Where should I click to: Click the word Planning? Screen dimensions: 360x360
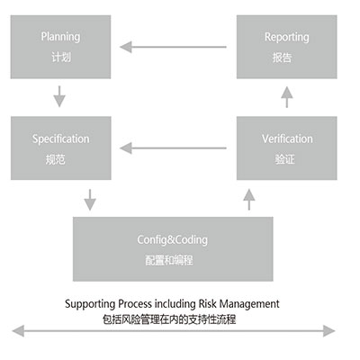tap(60, 37)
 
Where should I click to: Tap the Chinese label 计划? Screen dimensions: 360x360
tap(61, 57)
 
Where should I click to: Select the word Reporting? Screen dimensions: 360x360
tap(287, 37)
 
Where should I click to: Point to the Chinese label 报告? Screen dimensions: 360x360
tap(282, 58)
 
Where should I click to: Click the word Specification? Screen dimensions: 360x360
tap(61, 139)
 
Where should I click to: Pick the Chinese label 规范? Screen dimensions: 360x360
tap(56, 159)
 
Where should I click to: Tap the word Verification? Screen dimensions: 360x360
tap(287, 139)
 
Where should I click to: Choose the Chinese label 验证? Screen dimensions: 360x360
tap(284, 159)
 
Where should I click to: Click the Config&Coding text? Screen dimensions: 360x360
tap(173, 240)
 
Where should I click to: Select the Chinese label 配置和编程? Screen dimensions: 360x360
tap(169, 260)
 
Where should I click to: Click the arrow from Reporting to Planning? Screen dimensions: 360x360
tap(173, 47)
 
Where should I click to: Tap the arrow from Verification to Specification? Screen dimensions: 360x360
tap(173, 148)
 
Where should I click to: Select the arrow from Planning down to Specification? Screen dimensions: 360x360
tap(59, 96)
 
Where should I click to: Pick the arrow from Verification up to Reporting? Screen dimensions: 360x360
tap(287, 97)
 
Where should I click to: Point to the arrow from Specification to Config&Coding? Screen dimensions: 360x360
tap(90, 200)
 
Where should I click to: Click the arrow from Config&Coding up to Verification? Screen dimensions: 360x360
tap(249, 200)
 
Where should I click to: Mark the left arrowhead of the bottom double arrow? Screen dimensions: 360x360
tap(18, 331)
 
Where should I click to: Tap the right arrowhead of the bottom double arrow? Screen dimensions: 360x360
tap(329, 331)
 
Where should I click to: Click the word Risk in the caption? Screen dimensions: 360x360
tap(207, 304)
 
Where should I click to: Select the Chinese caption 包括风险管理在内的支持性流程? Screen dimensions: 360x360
tap(169, 319)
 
